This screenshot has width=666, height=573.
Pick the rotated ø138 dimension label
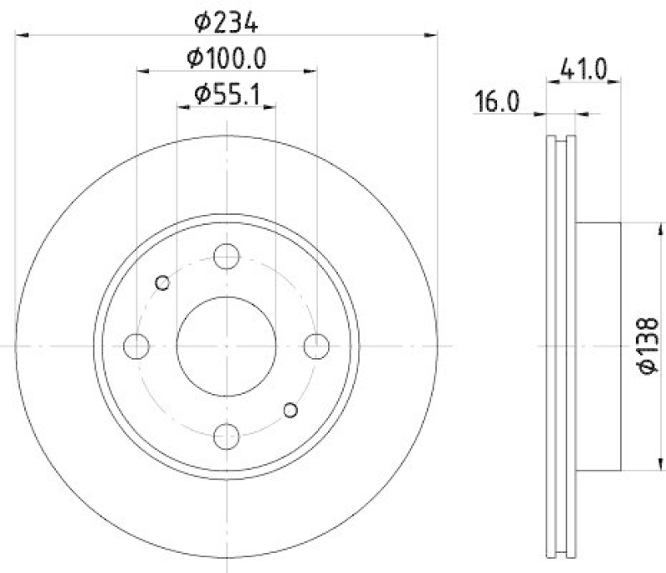tap(649, 346)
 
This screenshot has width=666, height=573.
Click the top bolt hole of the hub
tap(226, 256)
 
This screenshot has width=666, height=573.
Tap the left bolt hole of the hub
tap(137, 345)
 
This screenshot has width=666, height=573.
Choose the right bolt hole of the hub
tap(316, 345)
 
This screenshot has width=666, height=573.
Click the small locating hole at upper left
tap(163, 283)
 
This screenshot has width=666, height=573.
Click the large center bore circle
tap(226, 346)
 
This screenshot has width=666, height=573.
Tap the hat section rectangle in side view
tap(599, 346)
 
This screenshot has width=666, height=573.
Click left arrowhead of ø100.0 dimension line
tap(142, 72)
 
